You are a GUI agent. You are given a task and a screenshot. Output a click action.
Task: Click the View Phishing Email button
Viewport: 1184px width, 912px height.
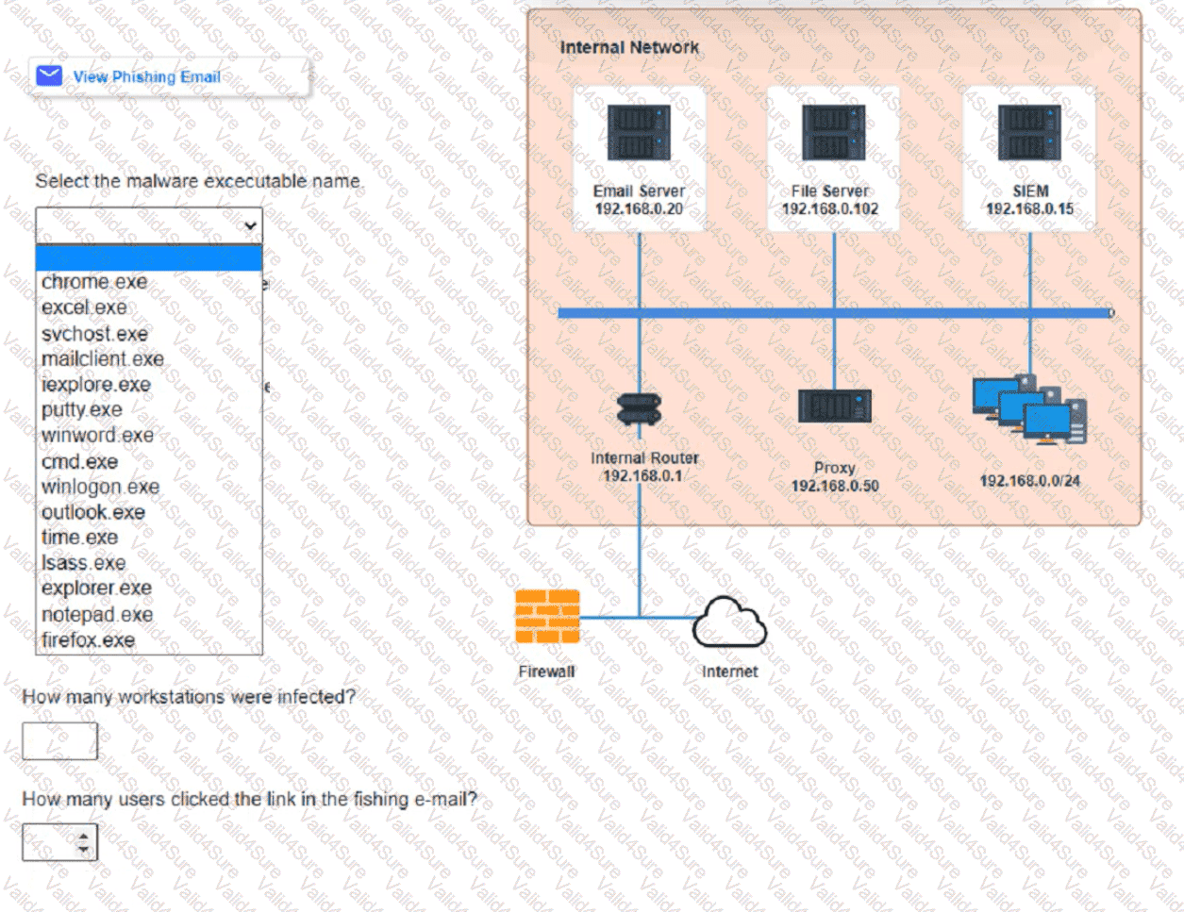tap(146, 76)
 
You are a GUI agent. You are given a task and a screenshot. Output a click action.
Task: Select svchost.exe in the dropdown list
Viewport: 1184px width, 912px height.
tap(94, 334)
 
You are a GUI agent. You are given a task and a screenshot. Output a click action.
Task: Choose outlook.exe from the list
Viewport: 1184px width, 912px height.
tap(93, 512)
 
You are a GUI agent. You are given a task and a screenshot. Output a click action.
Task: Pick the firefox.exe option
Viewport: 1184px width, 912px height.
tap(88, 640)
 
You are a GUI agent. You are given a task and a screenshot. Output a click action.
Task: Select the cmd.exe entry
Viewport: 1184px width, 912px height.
tap(79, 462)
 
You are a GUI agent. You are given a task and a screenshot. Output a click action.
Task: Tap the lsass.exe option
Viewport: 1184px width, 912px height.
tap(83, 563)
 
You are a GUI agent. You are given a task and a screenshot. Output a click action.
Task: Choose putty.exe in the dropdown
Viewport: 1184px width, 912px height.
tap(81, 410)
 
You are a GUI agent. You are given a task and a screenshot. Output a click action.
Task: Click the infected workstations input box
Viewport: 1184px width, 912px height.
tap(59, 741)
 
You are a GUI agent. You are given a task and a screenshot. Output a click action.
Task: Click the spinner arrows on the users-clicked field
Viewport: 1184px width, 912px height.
tap(85, 842)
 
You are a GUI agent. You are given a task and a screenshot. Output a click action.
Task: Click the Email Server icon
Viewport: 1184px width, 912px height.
tap(639, 133)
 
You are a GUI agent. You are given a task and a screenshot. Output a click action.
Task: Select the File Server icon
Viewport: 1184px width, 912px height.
tap(833, 133)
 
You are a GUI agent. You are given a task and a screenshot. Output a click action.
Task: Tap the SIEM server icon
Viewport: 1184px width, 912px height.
tap(1029, 133)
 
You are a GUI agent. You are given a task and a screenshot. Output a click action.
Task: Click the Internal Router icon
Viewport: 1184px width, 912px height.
tap(639, 409)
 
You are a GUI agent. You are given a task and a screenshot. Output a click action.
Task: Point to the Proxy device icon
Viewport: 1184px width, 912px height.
tap(834, 406)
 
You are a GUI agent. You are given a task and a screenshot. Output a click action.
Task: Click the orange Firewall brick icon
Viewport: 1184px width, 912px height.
tap(547, 617)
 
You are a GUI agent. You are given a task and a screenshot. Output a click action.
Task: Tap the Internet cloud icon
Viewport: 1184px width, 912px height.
tap(729, 622)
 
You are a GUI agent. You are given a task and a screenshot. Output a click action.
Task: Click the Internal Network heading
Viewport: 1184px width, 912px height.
tap(629, 47)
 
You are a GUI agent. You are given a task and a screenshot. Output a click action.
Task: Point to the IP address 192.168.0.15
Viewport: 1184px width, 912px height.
tap(1029, 209)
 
